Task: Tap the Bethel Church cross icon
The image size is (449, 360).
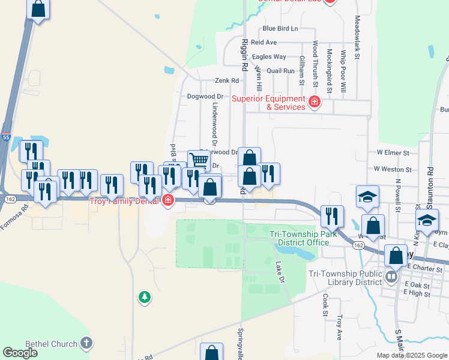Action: (x=86, y=344)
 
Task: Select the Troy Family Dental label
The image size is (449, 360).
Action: (x=124, y=202)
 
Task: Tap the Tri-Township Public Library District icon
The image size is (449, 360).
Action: (x=391, y=277)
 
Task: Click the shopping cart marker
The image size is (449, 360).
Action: (x=198, y=160)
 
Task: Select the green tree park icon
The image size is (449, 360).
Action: (x=144, y=297)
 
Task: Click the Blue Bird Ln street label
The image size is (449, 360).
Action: (x=280, y=28)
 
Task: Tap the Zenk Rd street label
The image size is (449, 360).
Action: (x=227, y=80)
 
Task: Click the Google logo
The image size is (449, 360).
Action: (x=20, y=353)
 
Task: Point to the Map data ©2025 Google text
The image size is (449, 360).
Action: (x=411, y=355)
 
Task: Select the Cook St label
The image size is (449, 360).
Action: (x=325, y=304)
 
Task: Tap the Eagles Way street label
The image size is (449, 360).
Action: (x=269, y=56)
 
